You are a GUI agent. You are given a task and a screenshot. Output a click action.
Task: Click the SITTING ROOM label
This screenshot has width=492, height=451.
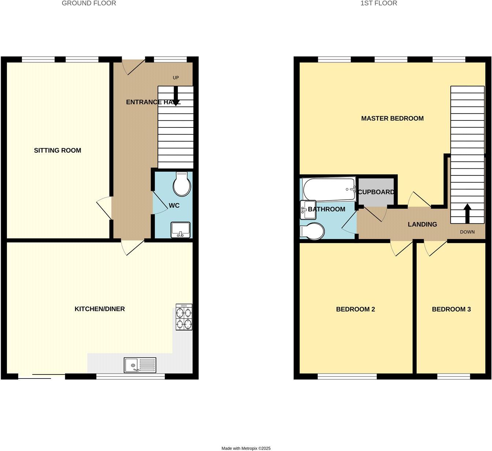(57, 150)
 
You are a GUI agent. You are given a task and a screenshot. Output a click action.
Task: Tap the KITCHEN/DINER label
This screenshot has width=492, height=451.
(100, 309)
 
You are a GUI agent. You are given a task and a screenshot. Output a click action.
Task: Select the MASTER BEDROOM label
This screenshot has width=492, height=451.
(392, 118)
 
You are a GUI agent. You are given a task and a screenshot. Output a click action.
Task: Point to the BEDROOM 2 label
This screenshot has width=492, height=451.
(355, 309)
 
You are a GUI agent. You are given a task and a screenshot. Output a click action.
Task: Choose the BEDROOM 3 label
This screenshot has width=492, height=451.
(451, 309)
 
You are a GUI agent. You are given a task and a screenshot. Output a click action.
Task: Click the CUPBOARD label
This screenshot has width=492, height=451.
(376, 192)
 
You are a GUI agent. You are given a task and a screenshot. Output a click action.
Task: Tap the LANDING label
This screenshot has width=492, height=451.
(422, 224)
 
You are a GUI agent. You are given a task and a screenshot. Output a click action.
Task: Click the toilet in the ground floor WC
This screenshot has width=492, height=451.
(182, 184)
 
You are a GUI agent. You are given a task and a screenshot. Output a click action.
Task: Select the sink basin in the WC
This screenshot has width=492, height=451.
(180, 230)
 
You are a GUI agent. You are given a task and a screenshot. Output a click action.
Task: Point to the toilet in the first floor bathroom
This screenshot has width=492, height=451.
(312, 232)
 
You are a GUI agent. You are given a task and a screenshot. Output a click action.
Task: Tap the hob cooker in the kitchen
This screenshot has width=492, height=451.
(184, 317)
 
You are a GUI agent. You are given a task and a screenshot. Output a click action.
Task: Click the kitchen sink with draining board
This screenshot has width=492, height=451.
(140, 365)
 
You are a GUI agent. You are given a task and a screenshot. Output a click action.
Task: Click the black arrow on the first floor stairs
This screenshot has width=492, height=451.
(467, 213)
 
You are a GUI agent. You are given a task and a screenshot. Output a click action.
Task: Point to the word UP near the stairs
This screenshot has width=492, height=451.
(176, 78)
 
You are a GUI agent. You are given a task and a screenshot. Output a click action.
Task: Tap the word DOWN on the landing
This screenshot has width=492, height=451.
(467, 232)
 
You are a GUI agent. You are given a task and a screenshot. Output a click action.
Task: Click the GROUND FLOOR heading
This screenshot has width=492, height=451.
(89, 3)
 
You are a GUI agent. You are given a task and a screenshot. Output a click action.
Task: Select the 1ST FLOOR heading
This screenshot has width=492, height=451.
(379, 3)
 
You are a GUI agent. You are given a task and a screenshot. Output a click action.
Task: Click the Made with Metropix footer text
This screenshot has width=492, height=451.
(246, 448)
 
